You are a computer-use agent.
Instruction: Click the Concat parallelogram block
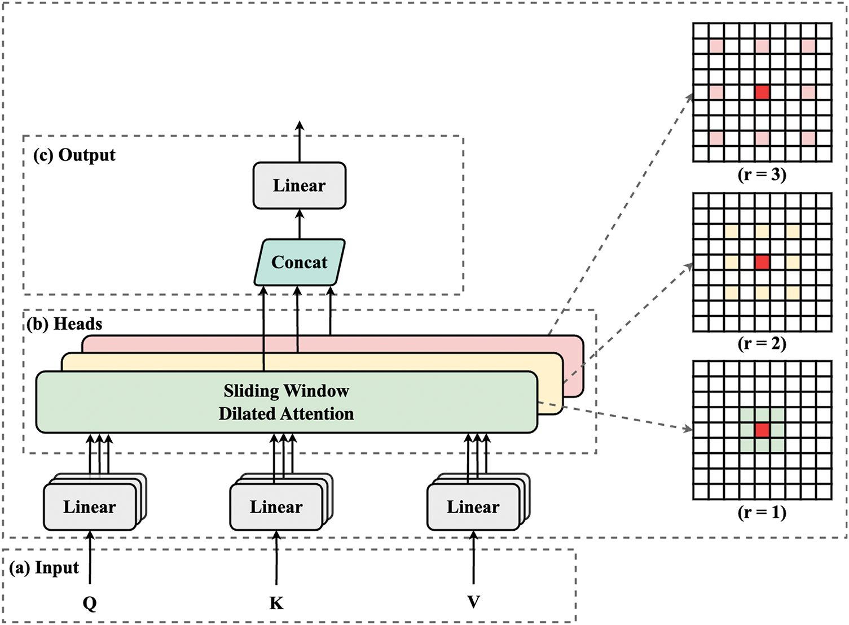click(x=300, y=262)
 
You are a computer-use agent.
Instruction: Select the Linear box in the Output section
click(x=300, y=185)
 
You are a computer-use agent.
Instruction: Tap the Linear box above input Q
click(x=90, y=507)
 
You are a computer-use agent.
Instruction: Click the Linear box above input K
click(x=276, y=507)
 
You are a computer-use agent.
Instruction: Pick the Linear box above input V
click(x=473, y=507)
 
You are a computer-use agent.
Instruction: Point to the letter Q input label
click(x=90, y=602)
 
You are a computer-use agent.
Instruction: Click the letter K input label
click(x=276, y=602)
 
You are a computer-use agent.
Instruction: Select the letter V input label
click(x=473, y=602)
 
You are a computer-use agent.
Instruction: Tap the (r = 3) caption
click(x=762, y=175)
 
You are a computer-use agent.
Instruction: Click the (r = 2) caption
click(x=762, y=344)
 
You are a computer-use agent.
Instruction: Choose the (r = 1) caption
click(x=762, y=512)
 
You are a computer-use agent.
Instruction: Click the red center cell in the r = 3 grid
click(x=762, y=93)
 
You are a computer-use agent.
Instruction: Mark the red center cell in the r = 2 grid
click(x=762, y=263)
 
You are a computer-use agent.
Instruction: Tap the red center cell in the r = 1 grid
click(x=762, y=430)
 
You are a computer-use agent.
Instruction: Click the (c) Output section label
click(x=74, y=155)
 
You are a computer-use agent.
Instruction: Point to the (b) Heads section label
click(x=64, y=324)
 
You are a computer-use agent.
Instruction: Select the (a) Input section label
click(x=45, y=568)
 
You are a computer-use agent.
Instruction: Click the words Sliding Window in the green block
click(x=286, y=391)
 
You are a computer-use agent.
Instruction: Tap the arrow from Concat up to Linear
click(x=300, y=224)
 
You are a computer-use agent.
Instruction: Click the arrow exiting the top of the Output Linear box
click(x=300, y=142)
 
